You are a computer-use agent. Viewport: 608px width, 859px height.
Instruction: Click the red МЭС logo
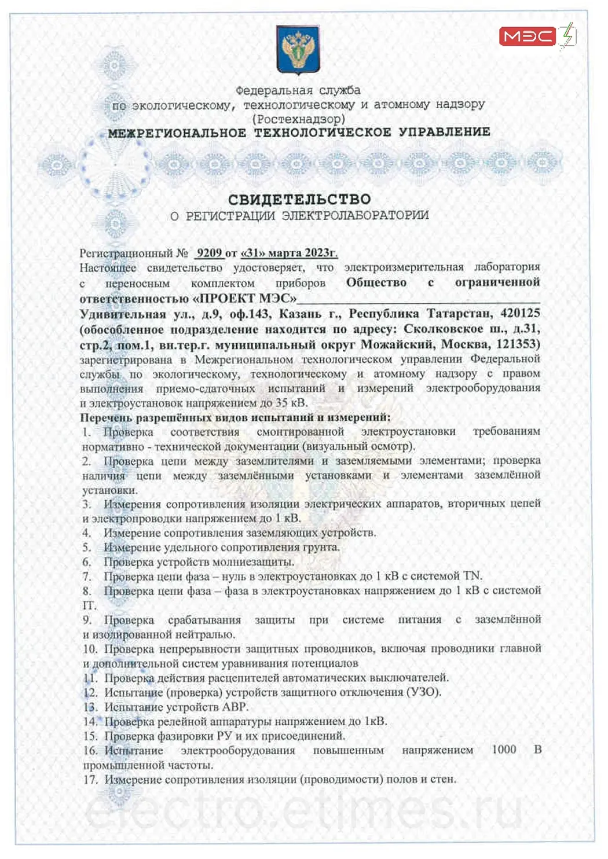[x=528, y=36]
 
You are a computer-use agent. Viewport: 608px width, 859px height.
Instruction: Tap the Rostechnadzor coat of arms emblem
[x=298, y=49]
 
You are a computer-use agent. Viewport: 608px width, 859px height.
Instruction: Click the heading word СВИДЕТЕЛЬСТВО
[x=299, y=200]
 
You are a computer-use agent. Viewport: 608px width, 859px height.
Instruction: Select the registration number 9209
[x=209, y=253]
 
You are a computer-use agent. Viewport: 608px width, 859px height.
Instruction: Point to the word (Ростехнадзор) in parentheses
[x=299, y=119]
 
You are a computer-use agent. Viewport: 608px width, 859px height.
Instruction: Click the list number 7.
[x=87, y=577]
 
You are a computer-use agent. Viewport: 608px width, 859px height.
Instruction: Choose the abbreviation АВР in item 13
[x=234, y=707]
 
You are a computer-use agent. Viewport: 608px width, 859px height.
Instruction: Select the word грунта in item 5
[x=321, y=547]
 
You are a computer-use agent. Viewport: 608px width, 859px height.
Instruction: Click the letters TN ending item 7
[x=472, y=576]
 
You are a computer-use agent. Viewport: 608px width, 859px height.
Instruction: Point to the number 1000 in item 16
[x=504, y=750]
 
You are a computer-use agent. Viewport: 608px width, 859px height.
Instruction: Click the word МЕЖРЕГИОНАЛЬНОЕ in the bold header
[x=177, y=133]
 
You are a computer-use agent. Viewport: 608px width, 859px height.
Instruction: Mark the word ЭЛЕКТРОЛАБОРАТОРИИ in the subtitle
[x=355, y=216]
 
